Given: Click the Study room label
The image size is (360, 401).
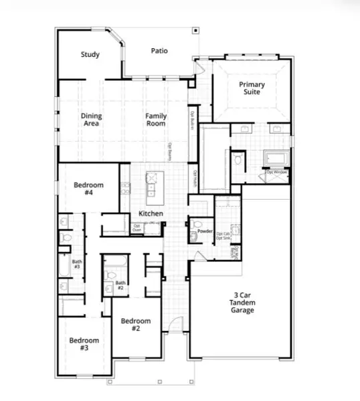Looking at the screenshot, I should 90,54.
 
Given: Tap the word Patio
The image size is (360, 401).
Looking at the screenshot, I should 159,50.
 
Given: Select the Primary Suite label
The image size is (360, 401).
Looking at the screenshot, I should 252,88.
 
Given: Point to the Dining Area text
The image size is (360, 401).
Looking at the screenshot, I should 92,120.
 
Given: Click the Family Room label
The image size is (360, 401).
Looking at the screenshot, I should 156,120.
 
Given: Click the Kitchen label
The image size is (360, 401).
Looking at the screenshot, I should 151,214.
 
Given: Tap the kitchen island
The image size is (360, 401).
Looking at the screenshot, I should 153,187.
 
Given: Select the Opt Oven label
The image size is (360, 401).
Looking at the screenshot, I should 137,228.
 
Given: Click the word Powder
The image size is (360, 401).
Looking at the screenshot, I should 205,231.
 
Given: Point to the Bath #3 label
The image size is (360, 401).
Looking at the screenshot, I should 76,264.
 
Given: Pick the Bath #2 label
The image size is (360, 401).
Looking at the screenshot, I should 120,285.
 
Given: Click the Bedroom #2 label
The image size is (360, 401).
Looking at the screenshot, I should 135,325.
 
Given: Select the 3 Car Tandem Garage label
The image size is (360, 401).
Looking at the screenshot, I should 242,301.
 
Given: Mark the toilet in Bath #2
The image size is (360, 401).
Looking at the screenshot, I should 110,274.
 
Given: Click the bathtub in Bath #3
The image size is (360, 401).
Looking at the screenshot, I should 65,265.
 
